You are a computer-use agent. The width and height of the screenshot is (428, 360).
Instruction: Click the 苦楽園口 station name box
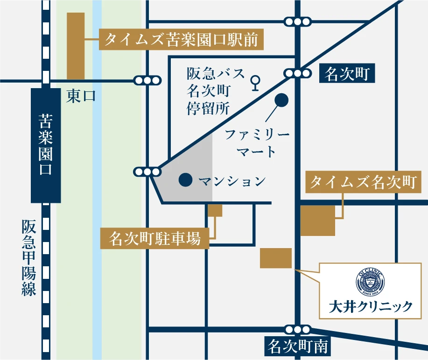click(45, 145)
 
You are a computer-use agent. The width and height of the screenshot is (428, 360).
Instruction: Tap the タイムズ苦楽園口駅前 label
click(182, 41)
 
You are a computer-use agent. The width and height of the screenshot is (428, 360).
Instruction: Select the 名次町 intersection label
click(346, 74)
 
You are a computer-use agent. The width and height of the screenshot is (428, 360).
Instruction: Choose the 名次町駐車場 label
click(155, 239)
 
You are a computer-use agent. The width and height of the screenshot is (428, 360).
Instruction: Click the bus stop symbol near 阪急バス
click(255, 83)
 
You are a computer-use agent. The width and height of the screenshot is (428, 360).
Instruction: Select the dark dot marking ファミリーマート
click(281, 99)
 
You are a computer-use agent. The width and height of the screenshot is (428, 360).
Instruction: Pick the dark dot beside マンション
click(185, 180)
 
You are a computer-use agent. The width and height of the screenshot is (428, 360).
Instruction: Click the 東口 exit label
click(81, 97)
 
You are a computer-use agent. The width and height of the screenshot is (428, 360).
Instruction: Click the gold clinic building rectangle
click(275, 258)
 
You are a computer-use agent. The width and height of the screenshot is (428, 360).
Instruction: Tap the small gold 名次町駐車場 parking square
click(215, 210)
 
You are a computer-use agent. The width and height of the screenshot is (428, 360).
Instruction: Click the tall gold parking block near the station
click(76, 46)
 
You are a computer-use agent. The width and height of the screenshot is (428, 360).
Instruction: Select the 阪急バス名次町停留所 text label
click(216, 91)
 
